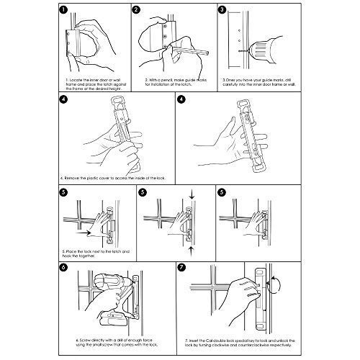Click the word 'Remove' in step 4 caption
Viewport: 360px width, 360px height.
77,176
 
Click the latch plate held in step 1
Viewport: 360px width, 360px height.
69,45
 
